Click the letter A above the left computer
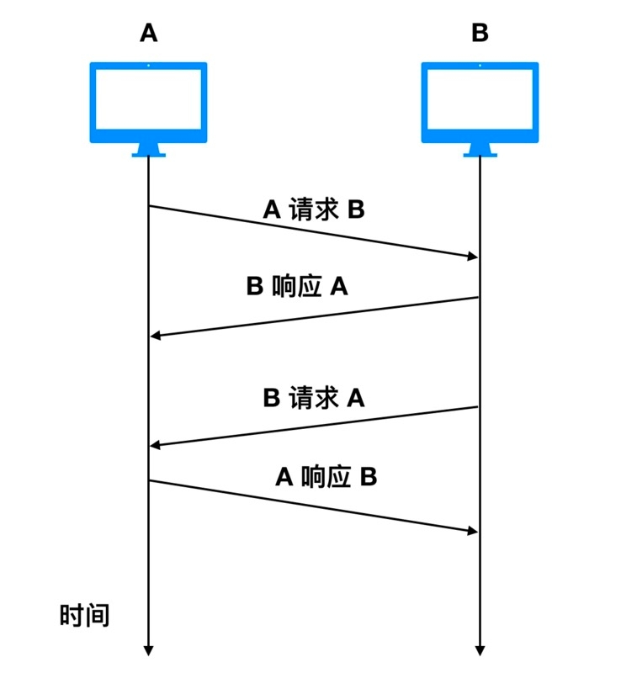(149, 33)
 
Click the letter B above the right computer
(480, 33)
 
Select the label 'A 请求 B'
(314, 209)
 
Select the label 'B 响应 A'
(297, 287)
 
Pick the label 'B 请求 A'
(314, 397)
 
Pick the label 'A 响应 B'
(326, 477)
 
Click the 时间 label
(84, 615)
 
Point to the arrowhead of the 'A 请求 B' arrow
(473, 256)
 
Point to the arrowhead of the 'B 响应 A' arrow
(156, 336)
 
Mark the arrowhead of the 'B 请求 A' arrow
(156, 445)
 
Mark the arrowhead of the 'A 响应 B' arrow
(473, 530)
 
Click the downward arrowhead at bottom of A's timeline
(149, 649)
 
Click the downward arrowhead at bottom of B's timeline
(480, 649)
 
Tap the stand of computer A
(149, 151)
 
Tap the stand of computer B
(480, 151)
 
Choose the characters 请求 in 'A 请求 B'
(314, 209)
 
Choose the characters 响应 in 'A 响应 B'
(326, 477)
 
